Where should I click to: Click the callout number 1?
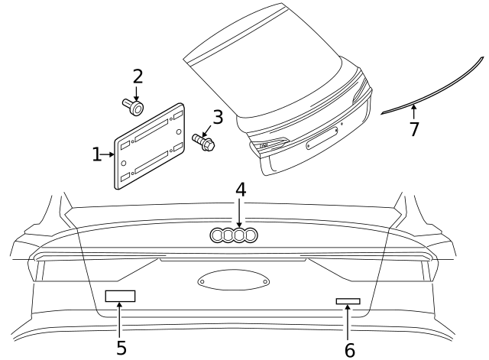point(96,154)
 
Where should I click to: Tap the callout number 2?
point(138,76)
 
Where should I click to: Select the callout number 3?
point(218,118)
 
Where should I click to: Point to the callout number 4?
point(240,189)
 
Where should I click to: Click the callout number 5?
point(121,348)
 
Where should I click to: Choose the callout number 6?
point(349,349)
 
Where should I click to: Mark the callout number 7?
point(414,129)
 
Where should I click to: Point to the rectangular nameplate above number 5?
point(120,296)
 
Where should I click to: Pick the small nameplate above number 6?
point(348,301)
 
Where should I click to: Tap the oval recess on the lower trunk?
point(234,281)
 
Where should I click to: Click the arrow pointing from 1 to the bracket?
point(108,154)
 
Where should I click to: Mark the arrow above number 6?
point(348,321)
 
